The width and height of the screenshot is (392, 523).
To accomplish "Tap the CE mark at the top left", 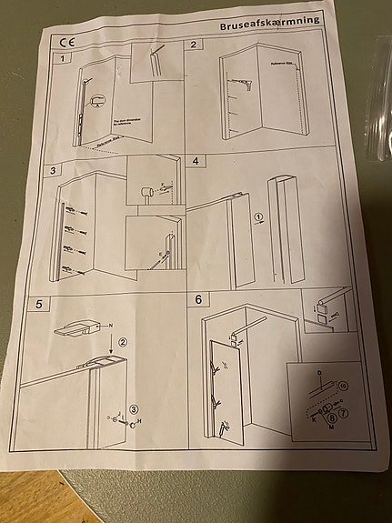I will tap(66, 42).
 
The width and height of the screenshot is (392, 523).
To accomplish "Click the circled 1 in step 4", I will tap(258, 217).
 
